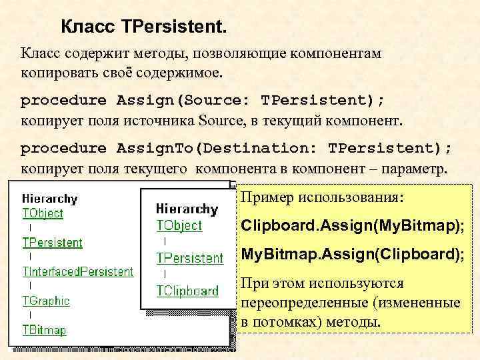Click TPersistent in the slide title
click(x=175, y=28)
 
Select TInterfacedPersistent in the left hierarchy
click(x=78, y=271)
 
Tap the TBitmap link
click(x=44, y=329)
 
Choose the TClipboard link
click(x=187, y=291)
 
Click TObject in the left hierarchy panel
click(x=43, y=213)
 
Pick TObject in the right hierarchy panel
click(x=179, y=225)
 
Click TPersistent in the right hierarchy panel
click(x=190, y=257)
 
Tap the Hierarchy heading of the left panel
click(x=50, y=199)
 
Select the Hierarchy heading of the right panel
click(x=187, y=209)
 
